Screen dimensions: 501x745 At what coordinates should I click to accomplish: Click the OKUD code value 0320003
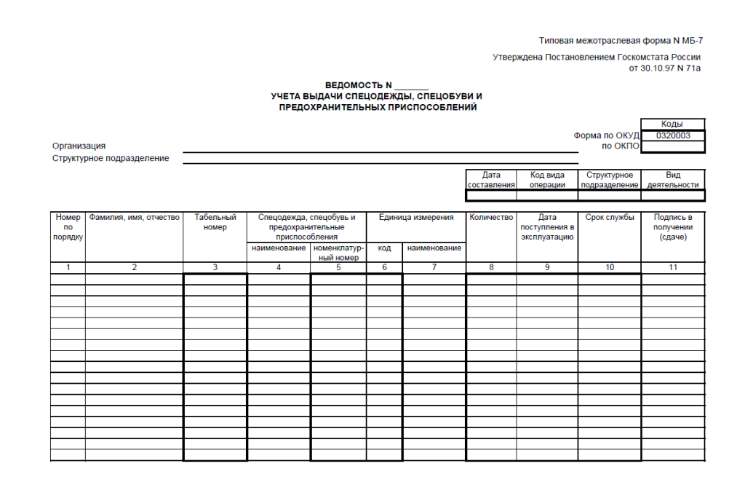pos(673,135)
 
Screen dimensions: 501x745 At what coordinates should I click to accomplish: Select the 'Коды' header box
pos(673,125)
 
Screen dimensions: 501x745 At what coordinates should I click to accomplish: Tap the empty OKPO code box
pos(673,146)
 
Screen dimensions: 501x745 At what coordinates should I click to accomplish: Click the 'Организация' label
pos(79,146)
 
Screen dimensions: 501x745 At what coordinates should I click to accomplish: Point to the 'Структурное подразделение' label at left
pos(111,158)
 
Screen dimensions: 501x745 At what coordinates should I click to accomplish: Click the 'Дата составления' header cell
pos(491,180)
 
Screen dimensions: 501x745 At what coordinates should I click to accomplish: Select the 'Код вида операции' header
pos(547,180)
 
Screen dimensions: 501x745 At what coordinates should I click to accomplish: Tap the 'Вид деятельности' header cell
pos(673,180)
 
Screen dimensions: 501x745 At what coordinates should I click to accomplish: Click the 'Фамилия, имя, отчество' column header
pos(134,218)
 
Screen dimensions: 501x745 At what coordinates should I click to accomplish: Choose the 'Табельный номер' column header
pos(215,222)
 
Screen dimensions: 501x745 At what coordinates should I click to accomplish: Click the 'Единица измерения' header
pos(416,218)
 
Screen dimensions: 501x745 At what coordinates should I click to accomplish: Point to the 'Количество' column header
pos(491,218)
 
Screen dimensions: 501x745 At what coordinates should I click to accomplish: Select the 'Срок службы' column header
pos(610,218)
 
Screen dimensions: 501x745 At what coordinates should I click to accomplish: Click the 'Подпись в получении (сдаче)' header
pos(673,227)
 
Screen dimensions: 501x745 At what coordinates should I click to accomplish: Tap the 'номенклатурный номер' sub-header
pos(338,253)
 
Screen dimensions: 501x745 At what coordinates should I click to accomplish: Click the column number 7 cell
pos(434,268)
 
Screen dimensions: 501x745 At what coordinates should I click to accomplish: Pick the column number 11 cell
pos(673,268)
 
